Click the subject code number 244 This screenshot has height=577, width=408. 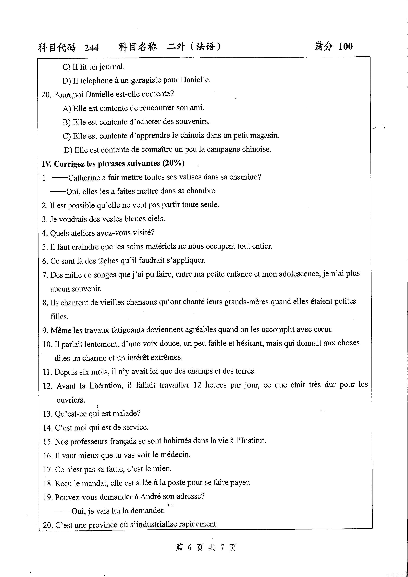(x=91, y=48)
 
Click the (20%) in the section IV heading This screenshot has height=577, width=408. (x=173, y=163)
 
